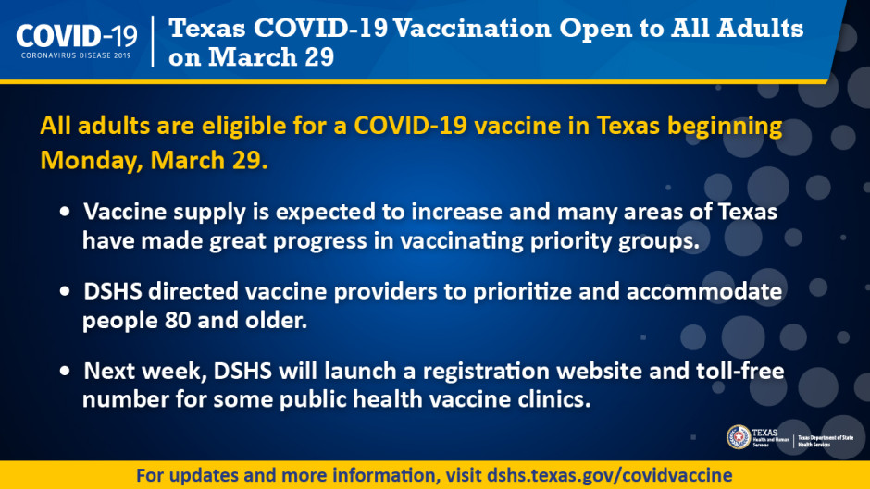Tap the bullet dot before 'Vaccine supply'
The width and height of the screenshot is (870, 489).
[65, 213]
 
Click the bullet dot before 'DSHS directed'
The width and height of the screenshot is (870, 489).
[65, 292]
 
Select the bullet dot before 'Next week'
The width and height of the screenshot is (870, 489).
[65, 372]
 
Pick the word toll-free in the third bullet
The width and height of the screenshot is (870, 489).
[739, 372]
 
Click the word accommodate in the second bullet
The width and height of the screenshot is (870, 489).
[706, 292]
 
